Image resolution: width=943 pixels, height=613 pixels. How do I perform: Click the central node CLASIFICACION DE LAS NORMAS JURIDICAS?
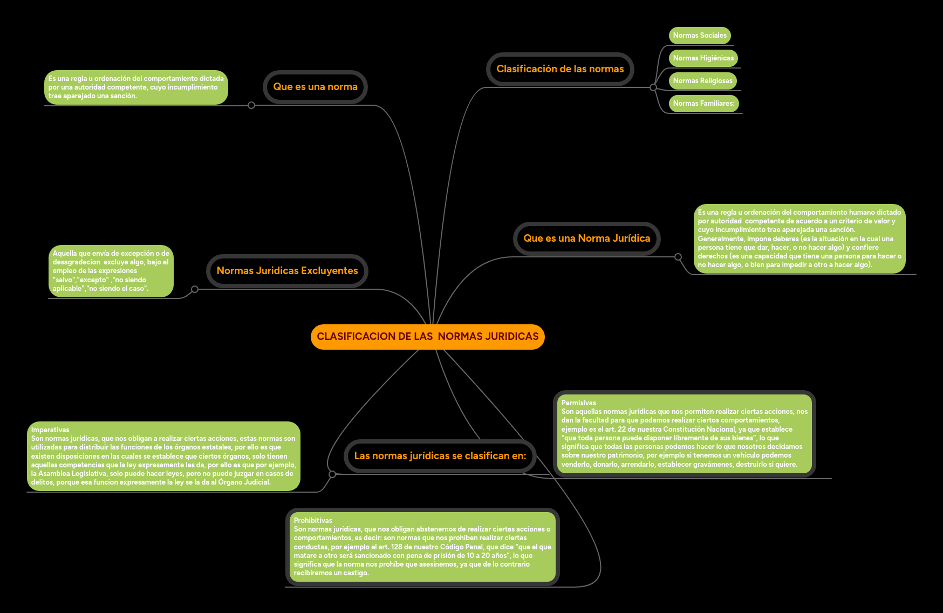(x=427, y=337)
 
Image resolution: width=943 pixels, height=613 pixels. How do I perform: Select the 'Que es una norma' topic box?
(x=315, y=87)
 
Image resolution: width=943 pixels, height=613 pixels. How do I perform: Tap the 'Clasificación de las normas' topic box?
(x=560, y=69)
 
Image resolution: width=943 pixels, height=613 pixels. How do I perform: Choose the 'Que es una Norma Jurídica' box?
(x=586, y=239)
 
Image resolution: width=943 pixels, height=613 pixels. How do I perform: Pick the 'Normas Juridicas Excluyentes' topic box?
(x=287, y=271)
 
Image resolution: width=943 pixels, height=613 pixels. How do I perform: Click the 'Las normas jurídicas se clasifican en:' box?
(x=440, y=456)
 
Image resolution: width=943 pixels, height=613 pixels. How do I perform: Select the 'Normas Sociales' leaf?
(x=700, y=36)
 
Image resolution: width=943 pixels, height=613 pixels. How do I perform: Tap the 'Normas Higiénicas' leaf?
(x=703, y=58)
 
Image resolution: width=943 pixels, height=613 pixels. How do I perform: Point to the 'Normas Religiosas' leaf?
(x=702, y=81)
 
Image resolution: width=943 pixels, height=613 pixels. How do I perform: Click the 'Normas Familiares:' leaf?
(x=703, y=104)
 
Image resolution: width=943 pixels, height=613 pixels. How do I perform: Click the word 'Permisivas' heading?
(x=578, y=403)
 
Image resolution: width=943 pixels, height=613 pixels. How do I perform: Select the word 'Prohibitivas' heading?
(x=313, y=521)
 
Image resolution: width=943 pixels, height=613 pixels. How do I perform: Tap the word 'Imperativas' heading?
(x=50, y=430)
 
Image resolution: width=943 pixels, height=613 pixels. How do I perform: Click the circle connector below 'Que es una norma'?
(x=251, y=105)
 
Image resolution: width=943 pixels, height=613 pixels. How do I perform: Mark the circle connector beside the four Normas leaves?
(x=653, y=87)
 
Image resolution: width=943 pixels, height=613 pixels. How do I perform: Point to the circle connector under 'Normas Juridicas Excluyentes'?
(x=195, y=289)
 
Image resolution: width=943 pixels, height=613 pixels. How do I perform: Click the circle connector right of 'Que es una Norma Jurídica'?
(x=678, y=257)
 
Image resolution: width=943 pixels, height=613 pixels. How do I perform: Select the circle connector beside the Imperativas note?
(x=332, y=474)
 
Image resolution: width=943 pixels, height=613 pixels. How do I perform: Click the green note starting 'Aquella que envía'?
(x=111, y=271)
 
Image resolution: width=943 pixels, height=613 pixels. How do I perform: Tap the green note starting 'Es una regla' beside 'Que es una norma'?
(x=136, y=87)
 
